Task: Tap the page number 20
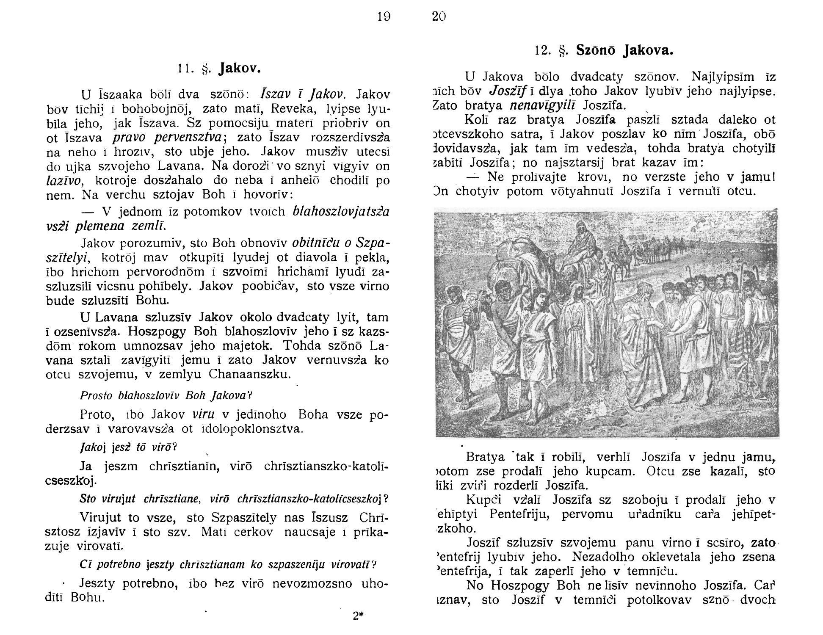439,17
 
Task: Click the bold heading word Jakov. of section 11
239,68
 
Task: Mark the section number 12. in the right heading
542,51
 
